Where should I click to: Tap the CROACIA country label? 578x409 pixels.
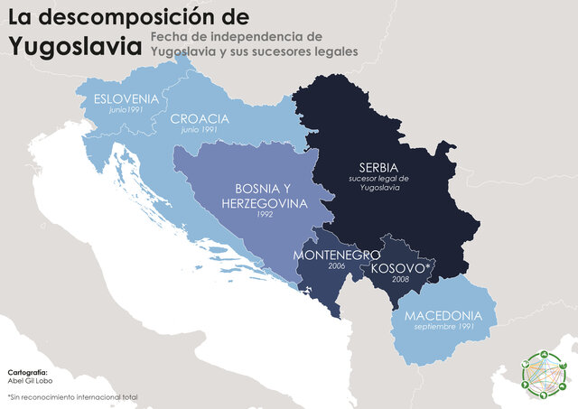click(200, 119)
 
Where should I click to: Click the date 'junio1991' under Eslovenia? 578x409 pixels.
click(126, 110)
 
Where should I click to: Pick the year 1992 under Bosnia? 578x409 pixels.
click(265, 215)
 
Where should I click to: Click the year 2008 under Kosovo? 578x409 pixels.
click(399, 281)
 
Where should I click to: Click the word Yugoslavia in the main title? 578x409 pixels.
click(74, 45)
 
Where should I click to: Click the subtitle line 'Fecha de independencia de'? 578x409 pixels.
click(237, 35)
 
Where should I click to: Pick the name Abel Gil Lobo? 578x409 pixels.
click(33, 381)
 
